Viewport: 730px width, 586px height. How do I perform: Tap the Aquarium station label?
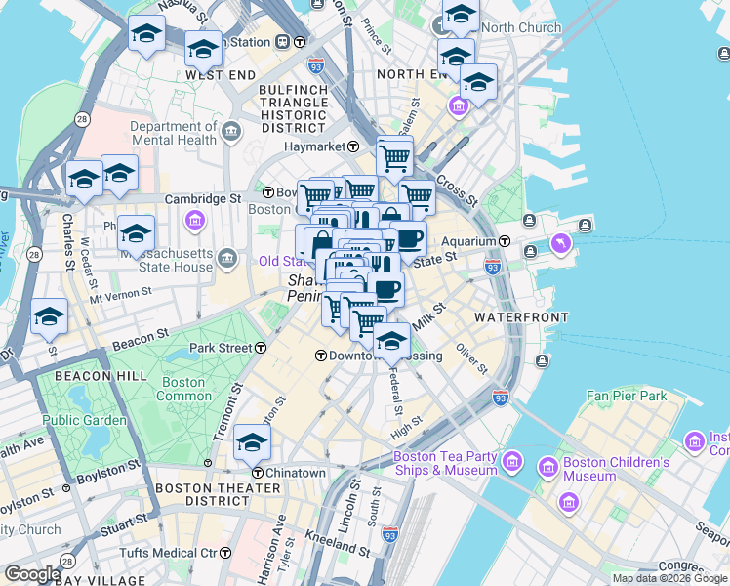click(468, 241)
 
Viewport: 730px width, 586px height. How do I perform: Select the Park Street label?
click(222, 348)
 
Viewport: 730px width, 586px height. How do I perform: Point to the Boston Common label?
click(183, 389)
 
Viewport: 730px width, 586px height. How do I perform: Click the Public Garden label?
click(84, 420)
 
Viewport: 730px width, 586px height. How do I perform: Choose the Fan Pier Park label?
click(626, 396)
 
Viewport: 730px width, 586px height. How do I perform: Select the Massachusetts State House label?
click(166, 260)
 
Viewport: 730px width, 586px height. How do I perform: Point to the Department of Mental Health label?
click(173, 133)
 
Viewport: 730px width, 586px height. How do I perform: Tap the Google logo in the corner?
click(32, 574)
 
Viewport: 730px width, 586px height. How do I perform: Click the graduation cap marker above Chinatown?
click(252, 441)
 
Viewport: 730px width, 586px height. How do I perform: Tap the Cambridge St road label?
click(202, 198)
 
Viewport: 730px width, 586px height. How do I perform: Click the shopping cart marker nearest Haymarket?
click(394, 156)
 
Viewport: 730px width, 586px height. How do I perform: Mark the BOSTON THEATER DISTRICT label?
click(202, 494)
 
